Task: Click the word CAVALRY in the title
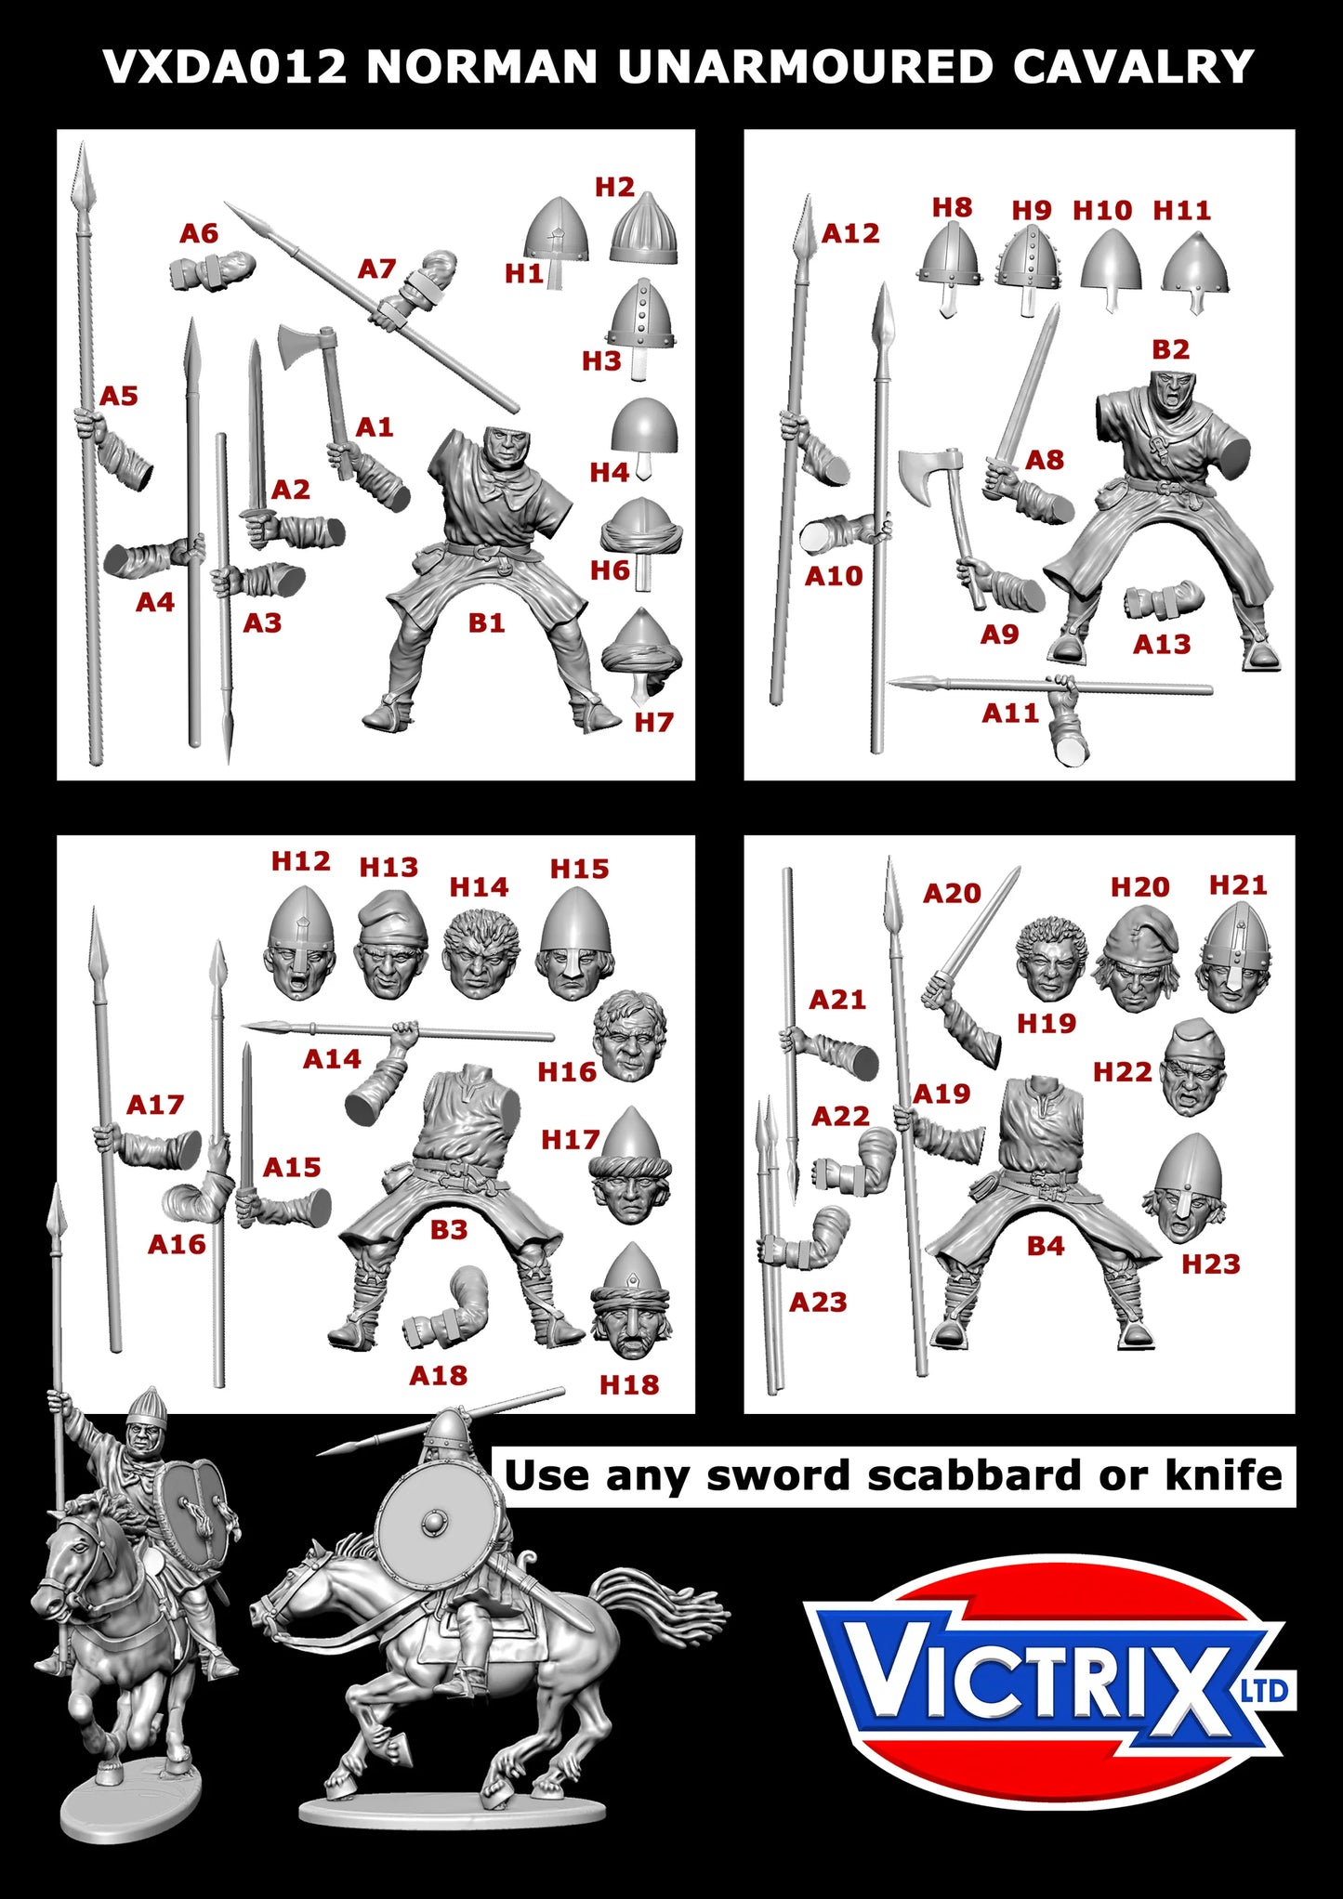point(1133,67)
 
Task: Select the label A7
point(377,269)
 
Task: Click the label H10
point(1102,211)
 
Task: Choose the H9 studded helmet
point(1028,260)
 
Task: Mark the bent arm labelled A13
point(1164,600)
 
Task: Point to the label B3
point(448,1230)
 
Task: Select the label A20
point(952,894)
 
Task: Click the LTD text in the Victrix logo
point(1266,1691)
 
